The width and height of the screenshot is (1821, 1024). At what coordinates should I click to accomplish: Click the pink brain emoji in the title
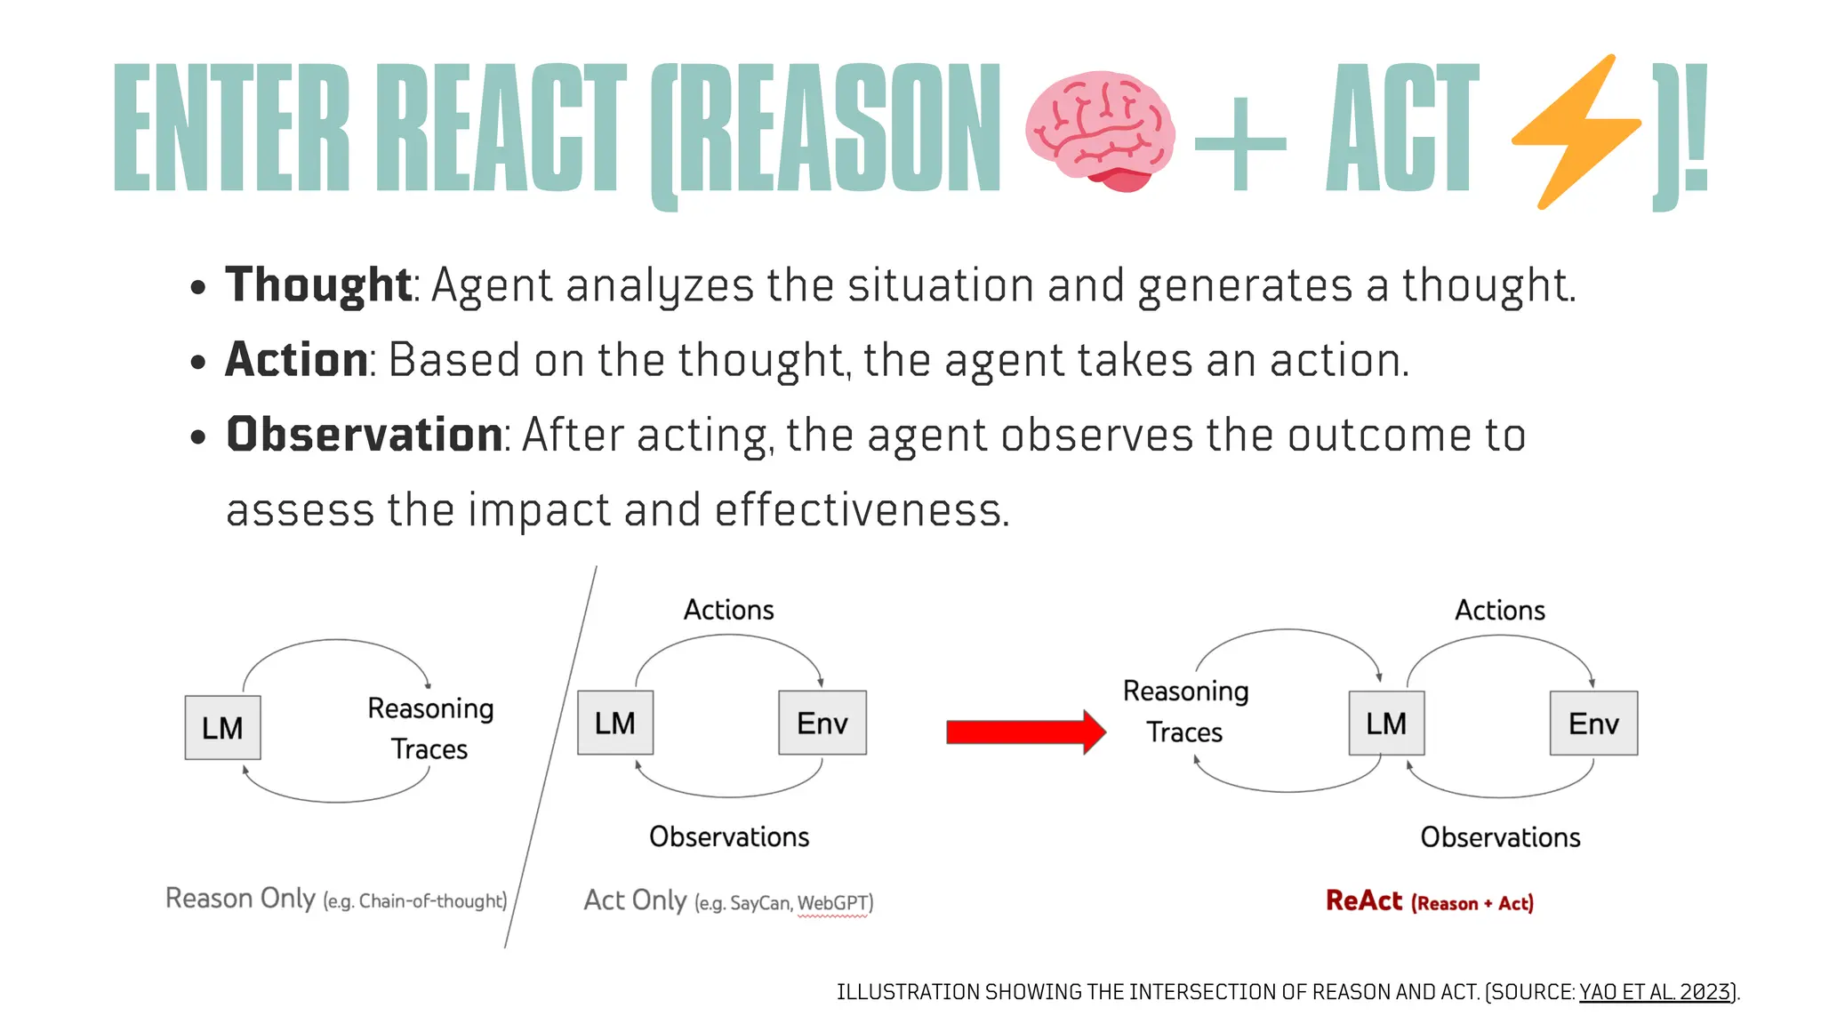(x=1100, y=130)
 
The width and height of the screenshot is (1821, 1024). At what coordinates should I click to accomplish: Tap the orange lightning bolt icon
(x=1576, y=132)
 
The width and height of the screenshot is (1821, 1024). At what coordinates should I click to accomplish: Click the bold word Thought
(x=317, y=285)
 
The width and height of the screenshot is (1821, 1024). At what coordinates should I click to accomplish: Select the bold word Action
(x=296, y=360)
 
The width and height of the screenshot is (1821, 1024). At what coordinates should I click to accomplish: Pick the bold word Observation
(x=365, y=435)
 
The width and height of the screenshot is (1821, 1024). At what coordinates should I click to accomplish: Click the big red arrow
(x=1025, y=732)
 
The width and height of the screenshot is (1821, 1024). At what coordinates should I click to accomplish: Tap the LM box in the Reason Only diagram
(x=222, y=728)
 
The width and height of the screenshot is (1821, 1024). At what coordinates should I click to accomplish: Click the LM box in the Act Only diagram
(x=615, y=723)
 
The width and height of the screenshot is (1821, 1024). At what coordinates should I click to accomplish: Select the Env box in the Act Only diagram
(x=822, y=723)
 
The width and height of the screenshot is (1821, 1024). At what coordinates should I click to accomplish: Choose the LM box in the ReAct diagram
(x=1386, y=724)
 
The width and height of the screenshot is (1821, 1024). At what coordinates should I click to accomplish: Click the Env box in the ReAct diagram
(x=1593, y=724)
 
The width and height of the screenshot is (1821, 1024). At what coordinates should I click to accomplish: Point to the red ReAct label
(x=1364, y=900)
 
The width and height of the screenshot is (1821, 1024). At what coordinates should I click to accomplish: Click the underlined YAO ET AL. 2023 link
(x=1656, y=992)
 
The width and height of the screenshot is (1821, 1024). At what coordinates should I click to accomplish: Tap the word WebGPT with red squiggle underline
(x=832, y=903)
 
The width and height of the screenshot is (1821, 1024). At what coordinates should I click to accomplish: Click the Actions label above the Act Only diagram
(x=729, y=610)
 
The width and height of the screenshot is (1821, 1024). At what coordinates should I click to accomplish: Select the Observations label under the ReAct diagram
(x=1500, y=837)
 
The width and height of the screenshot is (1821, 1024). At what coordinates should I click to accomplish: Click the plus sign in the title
(x=1240, y=143)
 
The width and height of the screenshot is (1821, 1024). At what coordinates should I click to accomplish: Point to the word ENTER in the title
(x=232, y=128)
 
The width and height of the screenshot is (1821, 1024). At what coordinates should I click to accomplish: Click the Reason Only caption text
(x=240, y=899)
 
